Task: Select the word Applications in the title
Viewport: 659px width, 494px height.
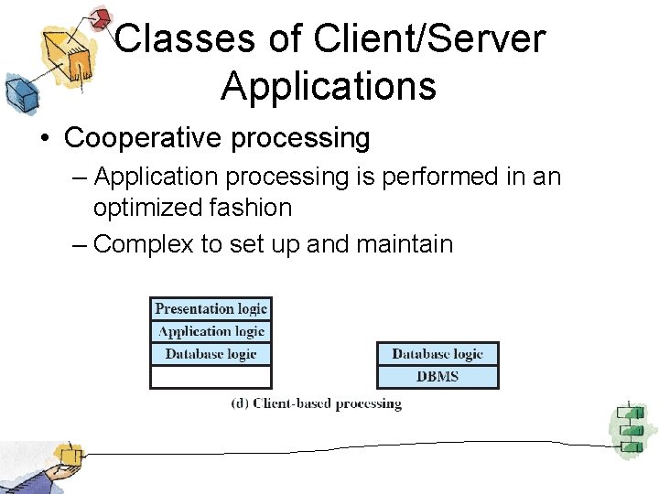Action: (x=328, y=86)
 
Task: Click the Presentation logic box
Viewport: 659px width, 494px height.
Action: (x=211, y=309)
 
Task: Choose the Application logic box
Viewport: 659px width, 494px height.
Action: (x=211, y=332)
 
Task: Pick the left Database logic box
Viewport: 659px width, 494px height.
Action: (x=211, y=354)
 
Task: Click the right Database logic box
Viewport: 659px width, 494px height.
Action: (x=438, y=354)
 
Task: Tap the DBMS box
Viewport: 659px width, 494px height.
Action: (x=438, y=377)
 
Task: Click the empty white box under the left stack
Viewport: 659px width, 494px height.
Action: (x=211, y=377)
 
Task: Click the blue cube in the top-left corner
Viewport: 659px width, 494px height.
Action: (x=19, y=91)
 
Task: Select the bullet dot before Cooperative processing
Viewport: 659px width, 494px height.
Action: (x=44, y=139)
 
